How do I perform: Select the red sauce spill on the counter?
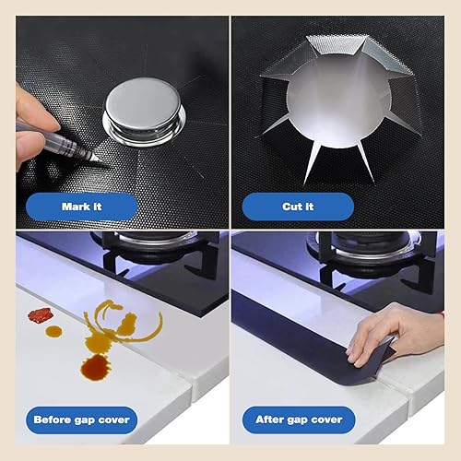click(39, 315)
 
